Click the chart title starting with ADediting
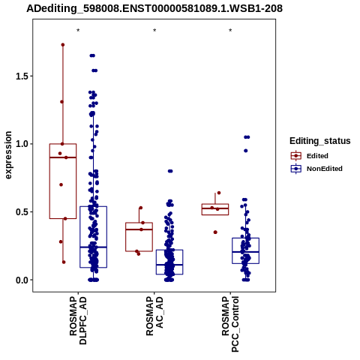[154, 8]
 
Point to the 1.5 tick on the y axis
[21, 76]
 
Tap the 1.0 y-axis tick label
[21, 144]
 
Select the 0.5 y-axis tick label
[21, 212]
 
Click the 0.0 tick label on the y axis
[21, 280]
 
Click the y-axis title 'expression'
[8, 155]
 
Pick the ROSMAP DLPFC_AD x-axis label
[78, 321]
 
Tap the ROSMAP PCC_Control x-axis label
[230, 324]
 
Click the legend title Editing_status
[320, 141]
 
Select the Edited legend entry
[310, 156]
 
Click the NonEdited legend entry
[316, 169]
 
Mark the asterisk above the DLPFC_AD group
[78, 31]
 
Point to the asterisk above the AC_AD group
[154, 31]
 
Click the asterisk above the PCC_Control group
[230, 31]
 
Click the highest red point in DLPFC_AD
[63, 45]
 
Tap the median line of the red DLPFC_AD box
[63, 157]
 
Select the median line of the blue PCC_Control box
[245, 252]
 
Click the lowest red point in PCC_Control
[215, 232]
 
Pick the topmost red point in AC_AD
[141, 208]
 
